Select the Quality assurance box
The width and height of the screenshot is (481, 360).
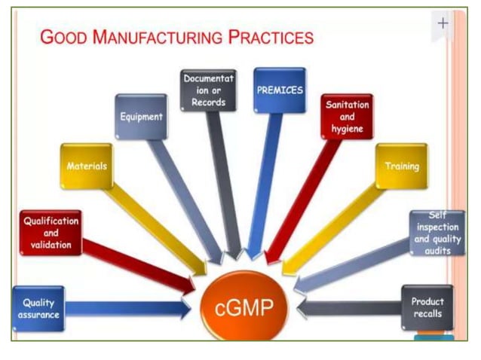38,309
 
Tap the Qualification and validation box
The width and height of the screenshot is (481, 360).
50,233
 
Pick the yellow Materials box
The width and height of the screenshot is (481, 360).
87,166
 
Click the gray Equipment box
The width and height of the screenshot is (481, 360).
141,117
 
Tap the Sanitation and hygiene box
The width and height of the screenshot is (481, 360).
347,117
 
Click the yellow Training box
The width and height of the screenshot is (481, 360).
401,166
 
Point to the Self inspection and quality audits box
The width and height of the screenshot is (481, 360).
432,233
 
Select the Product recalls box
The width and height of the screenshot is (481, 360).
427,307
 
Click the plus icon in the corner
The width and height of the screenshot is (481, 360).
443,23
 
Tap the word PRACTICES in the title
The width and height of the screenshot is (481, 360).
272,37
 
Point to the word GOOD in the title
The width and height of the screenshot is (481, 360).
64,37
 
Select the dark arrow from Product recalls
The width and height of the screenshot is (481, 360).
347,307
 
